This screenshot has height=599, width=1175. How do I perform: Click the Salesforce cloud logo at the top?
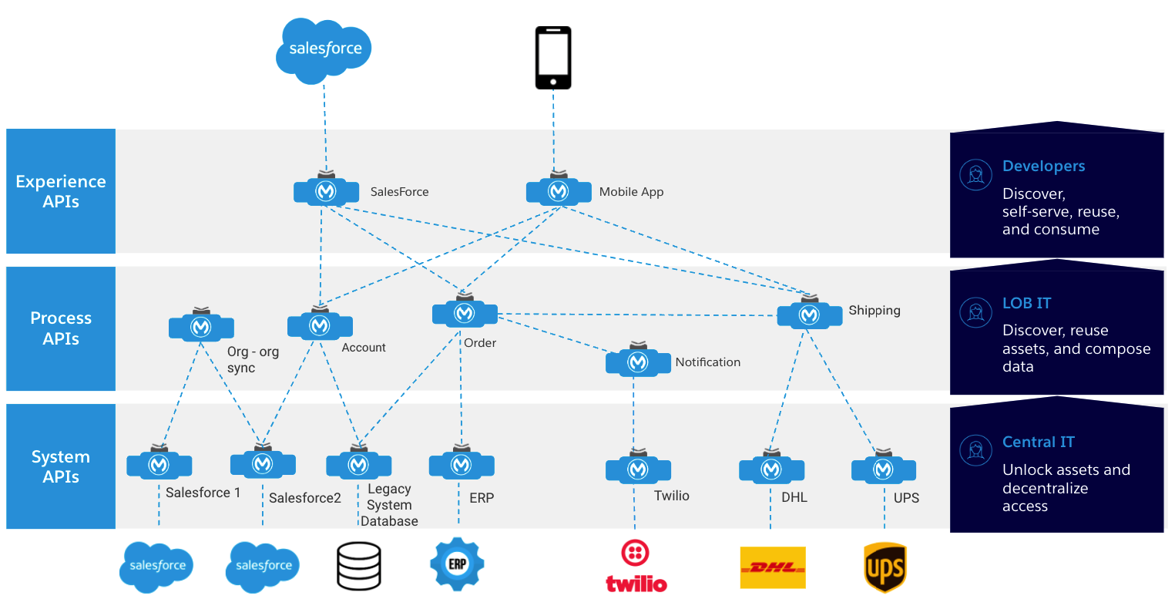click(324, 50)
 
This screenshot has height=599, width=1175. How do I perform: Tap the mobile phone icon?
click(553, 58)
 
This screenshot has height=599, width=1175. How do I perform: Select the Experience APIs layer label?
click(61, 191)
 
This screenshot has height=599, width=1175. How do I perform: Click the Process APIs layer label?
click(61, 328)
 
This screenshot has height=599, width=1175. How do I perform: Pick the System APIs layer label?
click(61, 466)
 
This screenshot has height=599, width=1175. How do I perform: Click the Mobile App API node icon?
click(558, 191)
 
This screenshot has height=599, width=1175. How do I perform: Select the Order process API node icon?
click(464, 313)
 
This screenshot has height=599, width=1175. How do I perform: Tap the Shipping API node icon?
click(808, 315)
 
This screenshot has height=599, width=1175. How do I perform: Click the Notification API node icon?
click(637, 362)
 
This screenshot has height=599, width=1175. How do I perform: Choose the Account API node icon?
click(320, 325)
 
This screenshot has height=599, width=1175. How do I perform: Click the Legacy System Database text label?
click(389, 505)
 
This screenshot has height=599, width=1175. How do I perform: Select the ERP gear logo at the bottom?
click(457, 564)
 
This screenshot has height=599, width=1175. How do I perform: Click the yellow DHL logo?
click(772, 567)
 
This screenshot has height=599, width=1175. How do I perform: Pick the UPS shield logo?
click(885, 567)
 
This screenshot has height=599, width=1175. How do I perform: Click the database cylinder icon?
click(359, 566)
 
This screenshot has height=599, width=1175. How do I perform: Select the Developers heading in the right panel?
click(1043, 167)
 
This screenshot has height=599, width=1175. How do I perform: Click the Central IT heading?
click(1038, 443)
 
